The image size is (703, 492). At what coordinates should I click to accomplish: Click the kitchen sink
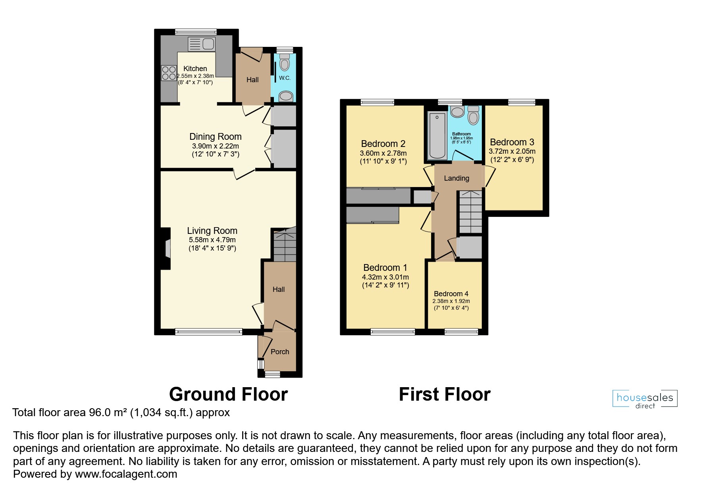coord(201,44)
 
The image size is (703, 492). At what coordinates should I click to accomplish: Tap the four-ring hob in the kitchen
coord(169,73)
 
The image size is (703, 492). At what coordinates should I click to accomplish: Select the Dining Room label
coord(215,137)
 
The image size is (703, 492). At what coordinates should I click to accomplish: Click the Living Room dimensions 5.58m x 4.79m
coord(212,240)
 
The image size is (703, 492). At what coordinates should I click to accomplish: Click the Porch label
coord(279,352)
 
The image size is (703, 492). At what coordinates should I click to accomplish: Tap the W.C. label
coord(285,78)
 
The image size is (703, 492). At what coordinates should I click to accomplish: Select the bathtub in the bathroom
coord(437,135)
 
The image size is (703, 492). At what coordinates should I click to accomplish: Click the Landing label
coord(456,178)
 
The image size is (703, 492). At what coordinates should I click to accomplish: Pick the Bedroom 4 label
coord(451,294)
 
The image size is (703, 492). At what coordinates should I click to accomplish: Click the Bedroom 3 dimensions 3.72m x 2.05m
coord(512,151)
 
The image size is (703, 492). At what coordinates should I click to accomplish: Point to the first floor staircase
coord(470,212)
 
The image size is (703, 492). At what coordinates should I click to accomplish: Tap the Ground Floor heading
coord(228,394)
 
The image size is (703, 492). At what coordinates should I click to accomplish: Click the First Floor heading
coord(444,394)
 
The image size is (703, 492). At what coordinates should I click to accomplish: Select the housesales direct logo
coord(645,399)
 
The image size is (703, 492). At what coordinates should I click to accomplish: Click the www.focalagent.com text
coord(126,474)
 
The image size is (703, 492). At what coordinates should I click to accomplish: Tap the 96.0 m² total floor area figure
coord(107,413)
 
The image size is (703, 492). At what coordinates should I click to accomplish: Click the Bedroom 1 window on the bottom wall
coord(393,332)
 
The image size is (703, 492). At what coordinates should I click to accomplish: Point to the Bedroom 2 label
coord(383,144)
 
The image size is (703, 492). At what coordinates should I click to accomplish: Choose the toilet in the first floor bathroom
coord(473,115)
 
